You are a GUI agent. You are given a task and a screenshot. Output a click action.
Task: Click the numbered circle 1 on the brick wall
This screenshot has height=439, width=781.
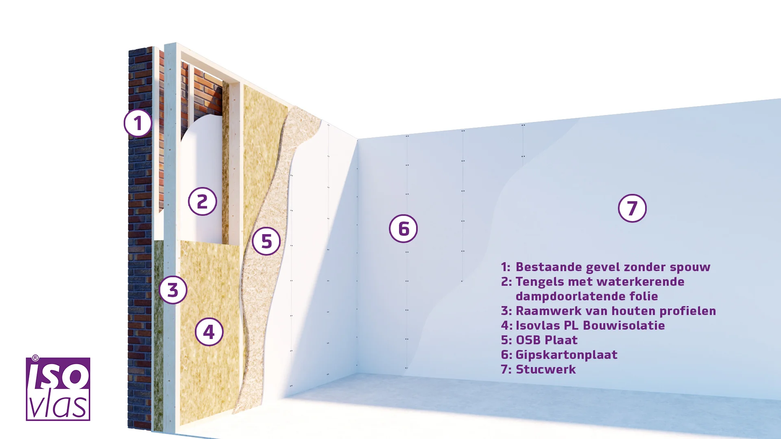coord(138,123)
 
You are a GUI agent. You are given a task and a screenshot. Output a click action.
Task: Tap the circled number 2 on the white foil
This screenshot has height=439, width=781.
coord(202,202)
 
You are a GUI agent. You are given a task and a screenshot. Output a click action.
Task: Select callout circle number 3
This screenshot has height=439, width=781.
coord(173,290)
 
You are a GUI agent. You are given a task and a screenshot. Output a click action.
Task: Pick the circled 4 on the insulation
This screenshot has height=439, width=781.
coord(209,332)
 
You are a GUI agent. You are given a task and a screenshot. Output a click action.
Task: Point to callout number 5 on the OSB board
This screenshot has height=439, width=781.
coord(266,241)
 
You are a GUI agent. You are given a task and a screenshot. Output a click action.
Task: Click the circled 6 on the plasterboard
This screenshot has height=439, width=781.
coord(404,229)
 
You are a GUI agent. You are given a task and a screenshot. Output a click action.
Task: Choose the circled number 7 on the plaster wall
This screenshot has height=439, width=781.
coord(632,209)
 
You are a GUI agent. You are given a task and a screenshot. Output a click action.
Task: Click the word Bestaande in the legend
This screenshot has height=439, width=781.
coord(549,267)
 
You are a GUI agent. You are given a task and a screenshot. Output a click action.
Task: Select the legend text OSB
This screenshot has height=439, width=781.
coord(528,340)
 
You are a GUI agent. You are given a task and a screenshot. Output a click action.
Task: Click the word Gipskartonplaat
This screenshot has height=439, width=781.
coord(567,355)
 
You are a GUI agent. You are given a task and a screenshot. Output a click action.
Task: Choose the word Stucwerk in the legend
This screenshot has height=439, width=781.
coord(546,369)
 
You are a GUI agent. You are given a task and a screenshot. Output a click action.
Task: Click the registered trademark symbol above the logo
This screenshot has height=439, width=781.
coord(35,358)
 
